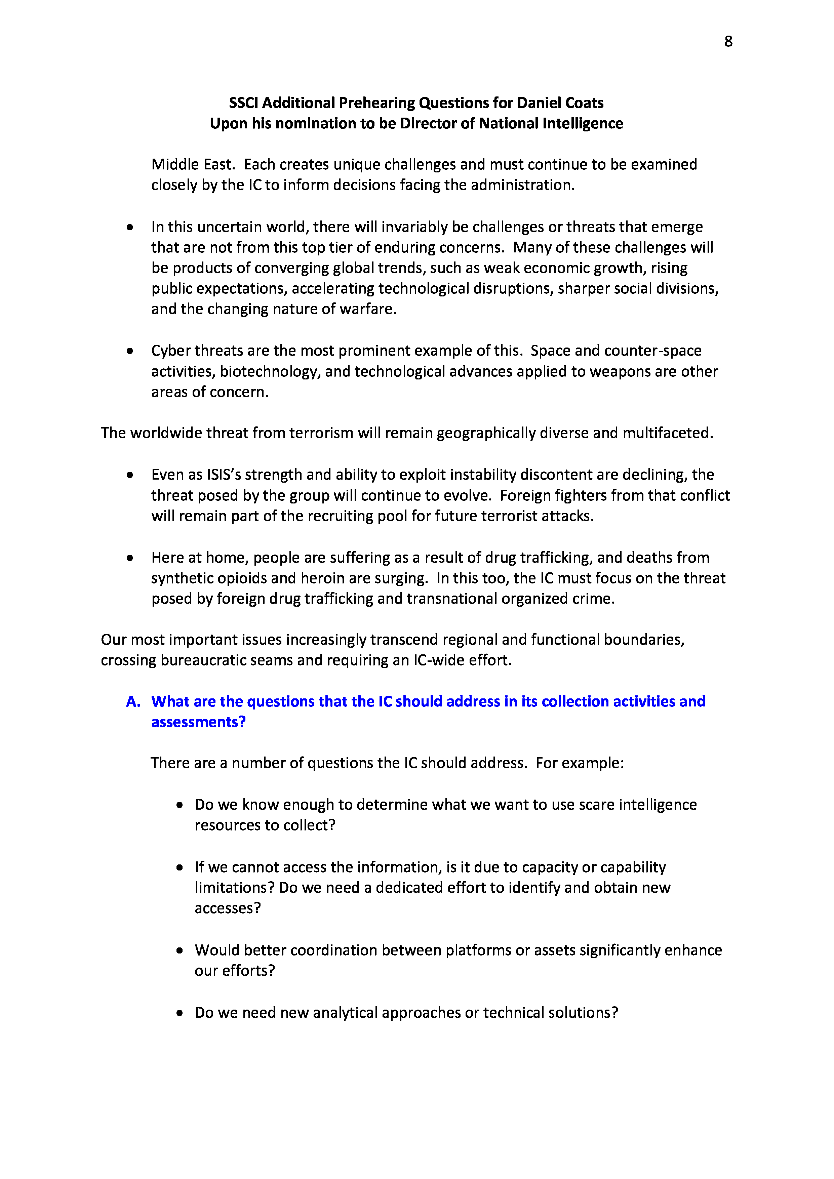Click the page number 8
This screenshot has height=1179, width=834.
(x=728, y=42)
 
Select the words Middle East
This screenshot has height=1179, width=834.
(x=193, y=165)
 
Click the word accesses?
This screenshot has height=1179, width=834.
(x=228, y=908)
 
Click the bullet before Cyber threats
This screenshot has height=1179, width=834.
(x=130, y=351)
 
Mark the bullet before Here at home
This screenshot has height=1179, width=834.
(x=130, y=558)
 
